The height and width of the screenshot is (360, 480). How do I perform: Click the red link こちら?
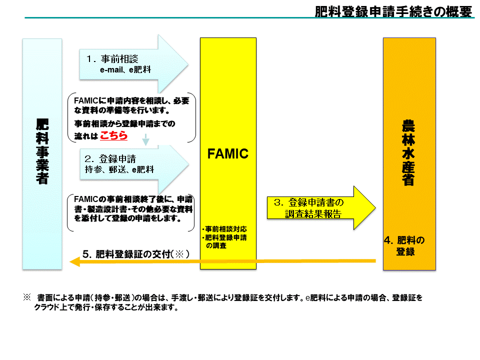coord(113,135)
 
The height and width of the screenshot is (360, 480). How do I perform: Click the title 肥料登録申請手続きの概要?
coord(393,11)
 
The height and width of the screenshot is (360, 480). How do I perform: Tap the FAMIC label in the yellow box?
coord(228,153)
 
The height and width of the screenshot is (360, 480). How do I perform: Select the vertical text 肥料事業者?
coord(42,151)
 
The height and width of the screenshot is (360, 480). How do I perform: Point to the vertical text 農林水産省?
coord(408,153)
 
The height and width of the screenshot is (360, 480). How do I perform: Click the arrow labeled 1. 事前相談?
coord(134,64)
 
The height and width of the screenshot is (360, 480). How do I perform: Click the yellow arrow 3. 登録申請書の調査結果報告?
coord(321,208)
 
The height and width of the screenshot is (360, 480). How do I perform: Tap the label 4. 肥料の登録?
coord(404,246)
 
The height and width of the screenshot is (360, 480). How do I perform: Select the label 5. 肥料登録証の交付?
coord(136,254)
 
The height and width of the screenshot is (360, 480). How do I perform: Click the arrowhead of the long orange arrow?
coord(74,261)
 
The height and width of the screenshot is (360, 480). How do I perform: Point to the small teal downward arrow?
coord(145,139)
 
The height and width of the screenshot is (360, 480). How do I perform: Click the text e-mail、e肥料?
coord(125,70)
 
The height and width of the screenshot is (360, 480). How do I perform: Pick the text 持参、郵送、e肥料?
coord(119,169)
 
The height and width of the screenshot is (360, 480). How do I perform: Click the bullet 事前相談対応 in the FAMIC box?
coord(224,229)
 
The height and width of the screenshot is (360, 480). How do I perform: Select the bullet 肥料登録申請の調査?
coord(224,241)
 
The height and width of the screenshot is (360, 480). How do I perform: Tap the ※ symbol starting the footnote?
coord(27,297)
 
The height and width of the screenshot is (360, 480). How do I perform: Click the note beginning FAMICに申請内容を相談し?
coord(131,118)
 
